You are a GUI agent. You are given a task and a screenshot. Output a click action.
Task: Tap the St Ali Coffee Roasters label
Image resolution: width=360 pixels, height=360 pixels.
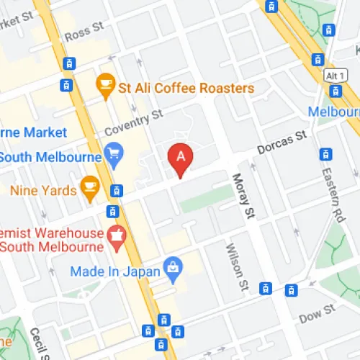coord(186,89)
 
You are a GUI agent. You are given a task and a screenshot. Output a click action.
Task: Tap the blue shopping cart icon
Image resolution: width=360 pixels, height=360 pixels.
coord(113,152)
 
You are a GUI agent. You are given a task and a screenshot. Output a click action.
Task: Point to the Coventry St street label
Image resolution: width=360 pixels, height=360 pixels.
coord(135,122)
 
